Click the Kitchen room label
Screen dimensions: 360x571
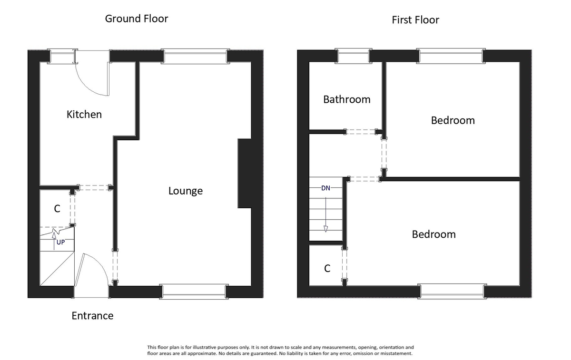coord(84,115)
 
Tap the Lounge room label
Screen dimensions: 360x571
coord(186,191)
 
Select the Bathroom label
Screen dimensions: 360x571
coord(346,99)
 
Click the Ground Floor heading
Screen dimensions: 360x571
coord(137,19)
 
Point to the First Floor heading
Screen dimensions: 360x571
coord(415,20)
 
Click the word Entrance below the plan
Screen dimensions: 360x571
coord(92,316)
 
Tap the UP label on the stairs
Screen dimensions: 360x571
coord(60,242)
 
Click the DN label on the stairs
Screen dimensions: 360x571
coord(325,188)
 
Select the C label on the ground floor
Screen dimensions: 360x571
coord(57,209)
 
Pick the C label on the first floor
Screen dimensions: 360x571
coord(327,269)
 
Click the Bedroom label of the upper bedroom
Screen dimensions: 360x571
coord(453,120)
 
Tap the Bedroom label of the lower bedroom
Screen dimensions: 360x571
coord(433,234)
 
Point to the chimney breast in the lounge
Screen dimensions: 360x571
coord(244,174)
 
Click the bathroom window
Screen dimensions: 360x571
coord(353,56)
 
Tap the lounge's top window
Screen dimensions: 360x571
coord(195,57)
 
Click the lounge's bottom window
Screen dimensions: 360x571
coord(193,291)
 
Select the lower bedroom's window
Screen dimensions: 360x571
coord(452,291)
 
